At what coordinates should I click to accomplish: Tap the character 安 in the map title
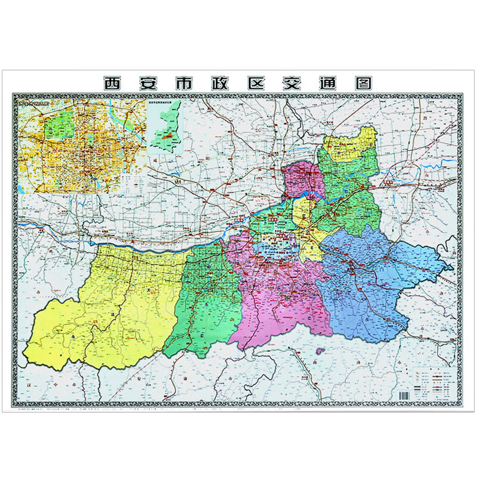point(149,82)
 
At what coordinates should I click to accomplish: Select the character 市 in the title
point(185,82)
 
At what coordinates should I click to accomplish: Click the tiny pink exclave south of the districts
point(318,352)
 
